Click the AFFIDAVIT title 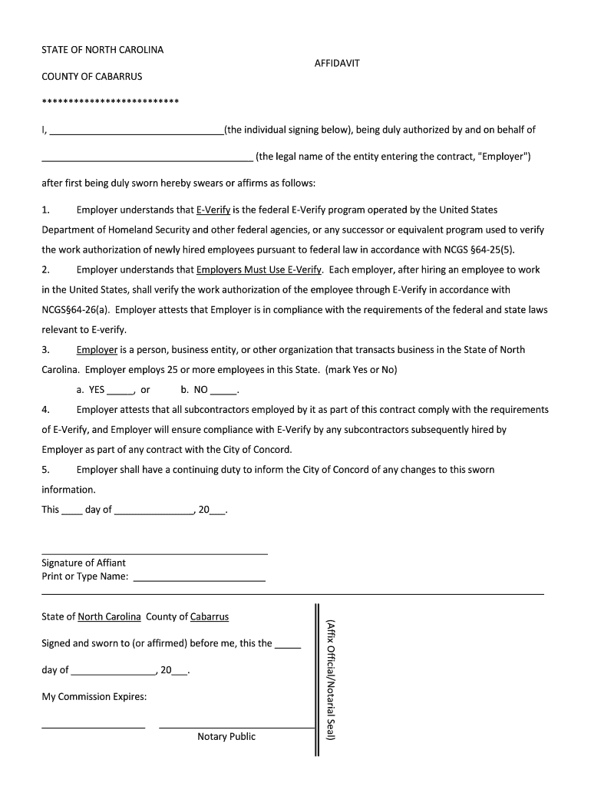coord(337,64)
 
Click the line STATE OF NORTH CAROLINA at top coord(102,50)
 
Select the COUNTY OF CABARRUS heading coord(91,77)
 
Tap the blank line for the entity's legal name coord(147,159)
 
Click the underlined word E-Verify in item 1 coord(213,210)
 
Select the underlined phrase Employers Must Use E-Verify coord(259,269)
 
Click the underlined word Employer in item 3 coord(97,349)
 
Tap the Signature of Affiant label coord(84,563)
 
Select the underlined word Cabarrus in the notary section coord(209,616)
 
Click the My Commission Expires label coord(94,697)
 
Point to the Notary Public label coord(226,737)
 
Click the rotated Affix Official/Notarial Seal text coord(331,680)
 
